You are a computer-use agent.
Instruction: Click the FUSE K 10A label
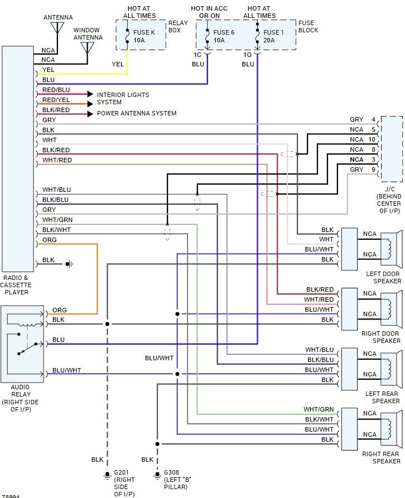pos(144,36)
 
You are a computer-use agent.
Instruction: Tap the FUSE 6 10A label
pos(224,36)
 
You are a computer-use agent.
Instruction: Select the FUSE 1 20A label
pos(273,36)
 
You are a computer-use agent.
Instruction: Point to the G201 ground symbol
pos(107,476)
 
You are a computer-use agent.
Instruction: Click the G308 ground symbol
pos(157,476)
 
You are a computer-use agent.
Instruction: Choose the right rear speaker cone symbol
pos(389,429)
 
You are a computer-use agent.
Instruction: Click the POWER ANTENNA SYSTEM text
pos(137,113)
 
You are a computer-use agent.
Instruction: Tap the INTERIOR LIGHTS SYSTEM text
pos(123,99)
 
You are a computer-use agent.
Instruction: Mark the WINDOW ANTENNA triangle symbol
pos(88,47)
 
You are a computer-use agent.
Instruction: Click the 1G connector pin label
pos(248,55)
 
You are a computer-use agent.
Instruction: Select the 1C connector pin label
pos(197,55)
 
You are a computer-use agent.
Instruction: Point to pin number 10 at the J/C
pos(372,139)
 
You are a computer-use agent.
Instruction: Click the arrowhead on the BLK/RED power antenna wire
pos(90,114)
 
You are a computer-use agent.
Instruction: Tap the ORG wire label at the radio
pos(50,240)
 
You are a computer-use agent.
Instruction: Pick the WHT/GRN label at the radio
pos(57,220)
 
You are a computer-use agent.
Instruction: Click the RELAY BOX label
pos(178,26)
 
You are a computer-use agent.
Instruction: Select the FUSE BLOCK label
pos(308,26)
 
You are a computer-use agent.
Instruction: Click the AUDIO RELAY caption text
pos(21,398)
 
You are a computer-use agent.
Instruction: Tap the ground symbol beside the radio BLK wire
pos(70,264)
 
